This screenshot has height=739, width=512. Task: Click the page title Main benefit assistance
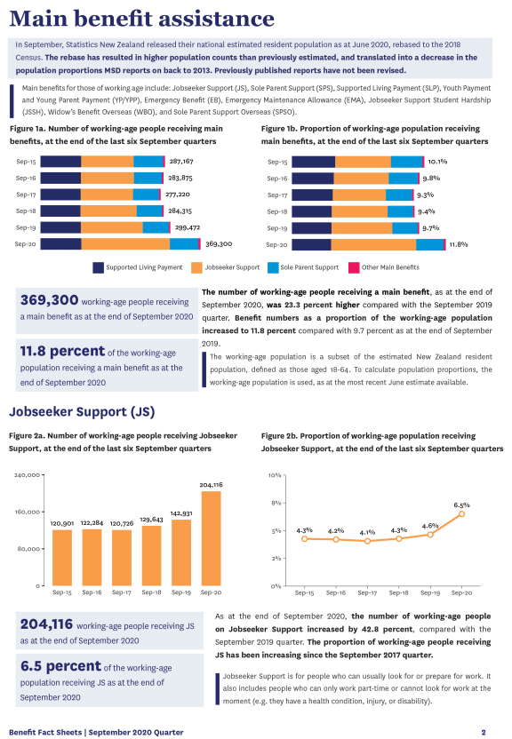coord(141,19)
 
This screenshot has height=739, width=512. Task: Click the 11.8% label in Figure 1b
coord(458,243)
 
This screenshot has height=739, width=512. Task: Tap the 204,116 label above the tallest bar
coord(212,485)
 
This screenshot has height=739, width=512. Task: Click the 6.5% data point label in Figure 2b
coord(461,505)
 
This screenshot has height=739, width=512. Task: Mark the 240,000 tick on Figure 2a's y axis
coord(28,475)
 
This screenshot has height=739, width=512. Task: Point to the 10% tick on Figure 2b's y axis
coord(275,475)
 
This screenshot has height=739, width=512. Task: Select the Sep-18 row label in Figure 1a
coord(25,211)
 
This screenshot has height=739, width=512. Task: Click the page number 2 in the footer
coord(484,732)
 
